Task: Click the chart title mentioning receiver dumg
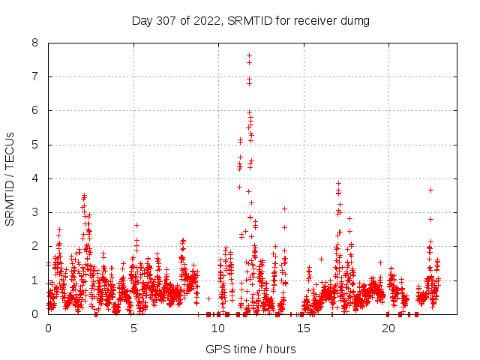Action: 250,20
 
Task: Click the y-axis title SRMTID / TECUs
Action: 10,178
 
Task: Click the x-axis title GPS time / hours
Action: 250,349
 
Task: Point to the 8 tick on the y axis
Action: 35,43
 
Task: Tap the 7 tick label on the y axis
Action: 35,76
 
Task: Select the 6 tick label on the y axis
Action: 35,110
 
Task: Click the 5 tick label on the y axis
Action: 35,145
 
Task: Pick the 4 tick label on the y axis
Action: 35,178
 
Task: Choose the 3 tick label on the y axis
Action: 35,212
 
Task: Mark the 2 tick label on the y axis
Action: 35,246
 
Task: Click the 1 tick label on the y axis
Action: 35,280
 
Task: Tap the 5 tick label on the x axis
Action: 133,328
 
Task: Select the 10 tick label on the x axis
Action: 218,328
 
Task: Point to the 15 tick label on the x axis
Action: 304,328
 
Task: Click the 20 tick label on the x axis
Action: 388,328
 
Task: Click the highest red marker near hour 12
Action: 249,56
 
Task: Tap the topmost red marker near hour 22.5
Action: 430,190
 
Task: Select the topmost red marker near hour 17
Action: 338,183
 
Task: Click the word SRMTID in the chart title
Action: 240,20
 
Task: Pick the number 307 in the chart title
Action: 167,20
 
